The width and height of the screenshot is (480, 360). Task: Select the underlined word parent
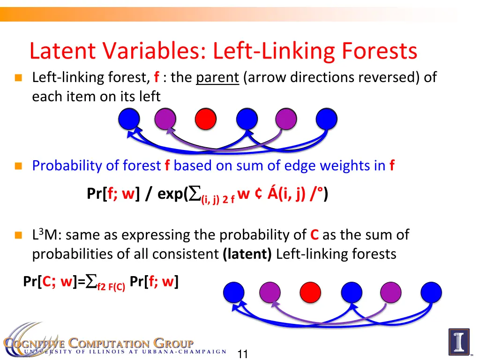click(x=217, y=77)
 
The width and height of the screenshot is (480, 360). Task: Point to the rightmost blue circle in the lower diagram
click(x=431, y=292)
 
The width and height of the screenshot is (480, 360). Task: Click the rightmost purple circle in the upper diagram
click(x=286, y=119)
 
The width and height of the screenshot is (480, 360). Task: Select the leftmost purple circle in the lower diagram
click(x=270, y=292)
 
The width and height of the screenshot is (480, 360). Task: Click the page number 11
click(x=242, y=353)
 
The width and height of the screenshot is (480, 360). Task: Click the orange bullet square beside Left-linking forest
click(x=18, y=78)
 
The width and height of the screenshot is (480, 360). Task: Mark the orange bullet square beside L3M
click(x=18, y=235)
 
